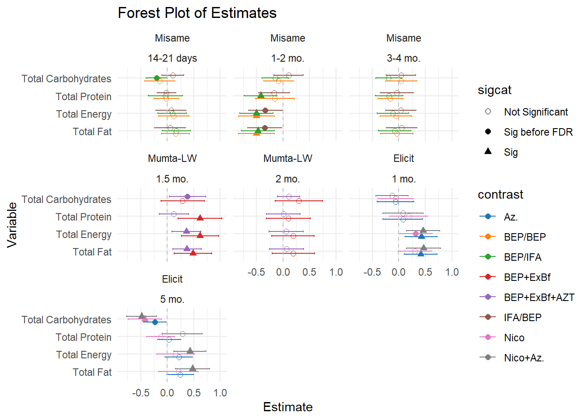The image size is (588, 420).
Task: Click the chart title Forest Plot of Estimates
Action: [x=197, y=13]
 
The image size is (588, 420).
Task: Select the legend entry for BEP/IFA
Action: [x=522, y=257]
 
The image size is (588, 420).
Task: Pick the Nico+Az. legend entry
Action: [x=524, y=358]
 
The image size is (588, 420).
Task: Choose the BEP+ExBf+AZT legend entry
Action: [x=539, y=297]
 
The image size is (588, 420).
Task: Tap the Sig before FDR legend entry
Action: [x=538, y=132]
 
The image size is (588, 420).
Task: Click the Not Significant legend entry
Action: [x=535, y=112]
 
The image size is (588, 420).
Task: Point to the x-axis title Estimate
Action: [x=288, y=407]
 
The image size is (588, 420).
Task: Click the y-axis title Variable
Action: [x=12, y=225]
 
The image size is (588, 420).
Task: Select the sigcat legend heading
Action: [x=494, y=90]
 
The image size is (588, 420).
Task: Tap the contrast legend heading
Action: [x=500, y=195]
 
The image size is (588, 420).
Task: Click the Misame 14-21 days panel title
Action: [x=172, y=48]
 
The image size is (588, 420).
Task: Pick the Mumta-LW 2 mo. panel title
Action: [x=288, y=168]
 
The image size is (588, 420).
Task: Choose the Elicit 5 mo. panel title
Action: [x=172, y=289]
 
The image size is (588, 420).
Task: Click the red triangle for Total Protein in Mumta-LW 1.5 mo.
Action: [x=200, y=218]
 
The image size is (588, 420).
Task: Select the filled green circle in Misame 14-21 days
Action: [x=157, y=78]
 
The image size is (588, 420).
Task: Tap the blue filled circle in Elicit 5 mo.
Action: [x=155, y=322]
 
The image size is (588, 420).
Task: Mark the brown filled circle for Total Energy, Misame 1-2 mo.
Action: [x=265, y=110]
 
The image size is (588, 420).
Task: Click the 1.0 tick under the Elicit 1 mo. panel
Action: [x=452, y=272]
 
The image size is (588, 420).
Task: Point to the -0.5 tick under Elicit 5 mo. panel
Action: [x=140, y=393]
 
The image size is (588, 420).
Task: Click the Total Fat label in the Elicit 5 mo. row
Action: [x=92, y=372]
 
